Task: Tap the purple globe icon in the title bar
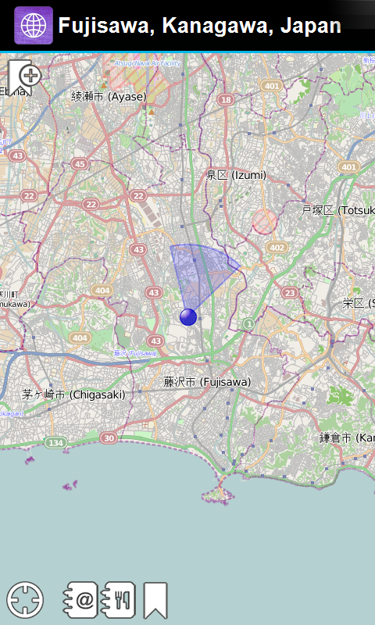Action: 34,26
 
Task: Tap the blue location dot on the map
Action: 188,316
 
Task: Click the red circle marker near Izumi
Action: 265,222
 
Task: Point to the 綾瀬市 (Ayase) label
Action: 109,96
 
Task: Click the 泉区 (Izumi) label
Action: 236,176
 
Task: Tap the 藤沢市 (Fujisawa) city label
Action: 206,382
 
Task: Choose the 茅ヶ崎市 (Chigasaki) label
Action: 73,395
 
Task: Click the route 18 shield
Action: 226,99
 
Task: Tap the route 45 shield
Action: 80,163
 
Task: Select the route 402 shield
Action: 276,247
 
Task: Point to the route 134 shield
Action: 55,443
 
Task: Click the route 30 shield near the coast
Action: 109,437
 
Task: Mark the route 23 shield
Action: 290,293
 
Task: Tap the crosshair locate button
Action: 25,600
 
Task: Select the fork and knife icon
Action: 120,600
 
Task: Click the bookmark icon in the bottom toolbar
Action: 155,600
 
